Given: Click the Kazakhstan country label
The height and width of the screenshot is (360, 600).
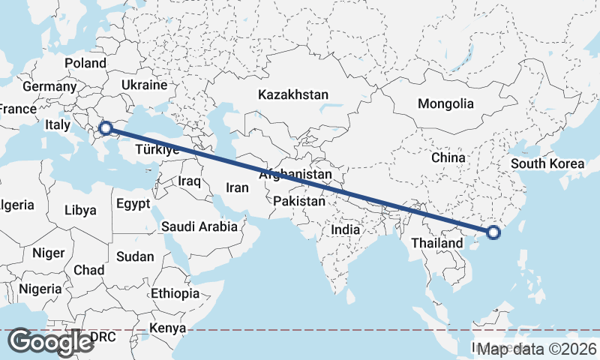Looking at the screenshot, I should point(293,95).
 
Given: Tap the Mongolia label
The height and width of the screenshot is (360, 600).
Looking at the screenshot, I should point(446,103).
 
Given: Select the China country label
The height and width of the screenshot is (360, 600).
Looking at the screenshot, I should point(448,158).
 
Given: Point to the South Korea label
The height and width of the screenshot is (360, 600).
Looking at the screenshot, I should point(547,163).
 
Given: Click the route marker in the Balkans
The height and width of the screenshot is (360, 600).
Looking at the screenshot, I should point(106,129).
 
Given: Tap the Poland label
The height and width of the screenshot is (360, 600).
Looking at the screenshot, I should point(85,63).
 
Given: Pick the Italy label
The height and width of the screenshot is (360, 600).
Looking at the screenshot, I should point(58,124).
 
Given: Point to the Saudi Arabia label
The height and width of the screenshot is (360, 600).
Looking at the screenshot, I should point(199,226).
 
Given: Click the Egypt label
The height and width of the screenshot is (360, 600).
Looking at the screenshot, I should point(133,203).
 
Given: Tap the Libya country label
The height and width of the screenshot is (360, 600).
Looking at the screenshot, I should point(80,210).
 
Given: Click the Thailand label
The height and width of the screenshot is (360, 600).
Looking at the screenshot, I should point(437,244).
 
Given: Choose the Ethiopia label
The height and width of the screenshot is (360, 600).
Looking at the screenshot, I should point(175,293).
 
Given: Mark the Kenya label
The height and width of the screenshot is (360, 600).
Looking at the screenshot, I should point(167,328).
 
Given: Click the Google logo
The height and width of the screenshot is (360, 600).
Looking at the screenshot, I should point(50,341).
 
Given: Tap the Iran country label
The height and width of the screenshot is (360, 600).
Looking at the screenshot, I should point(237,187).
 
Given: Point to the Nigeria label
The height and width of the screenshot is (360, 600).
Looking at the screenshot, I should point(40,288).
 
